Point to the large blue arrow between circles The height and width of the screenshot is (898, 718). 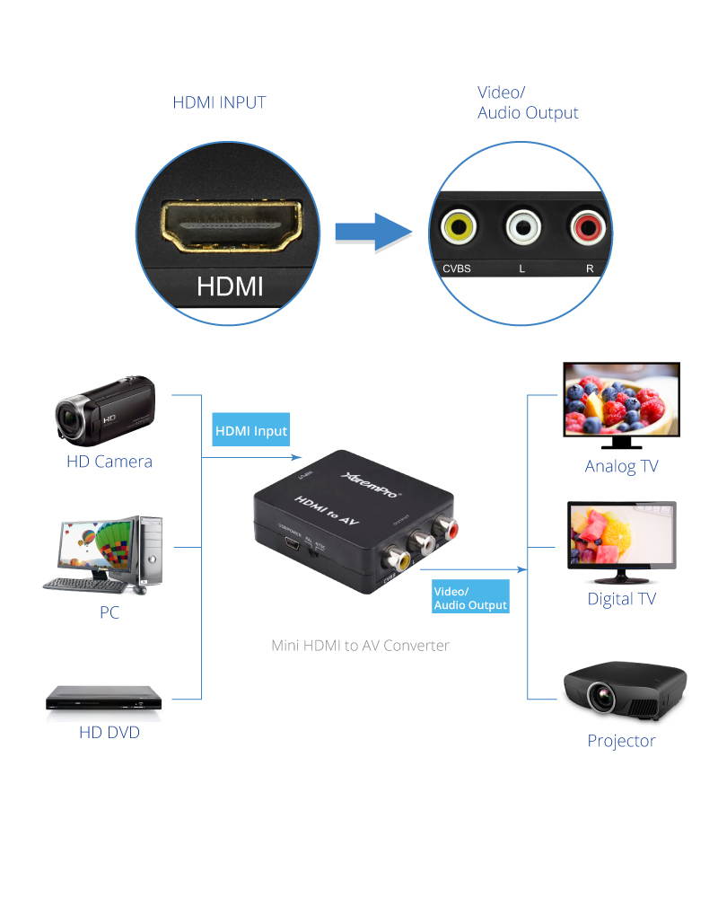(372, 232)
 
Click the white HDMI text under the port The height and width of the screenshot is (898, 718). (230, 286)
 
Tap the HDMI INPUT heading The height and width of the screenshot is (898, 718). (219, 102)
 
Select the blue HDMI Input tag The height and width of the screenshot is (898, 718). (251, 431)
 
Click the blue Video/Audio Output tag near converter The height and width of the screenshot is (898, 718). (470, 598)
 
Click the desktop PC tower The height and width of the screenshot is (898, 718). (150, 553)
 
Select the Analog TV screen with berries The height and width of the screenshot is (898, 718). (621, 400)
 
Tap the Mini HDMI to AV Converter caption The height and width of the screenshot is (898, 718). (360, 645)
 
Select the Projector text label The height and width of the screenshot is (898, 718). (621, 741)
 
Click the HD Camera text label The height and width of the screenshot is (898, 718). (109, 462)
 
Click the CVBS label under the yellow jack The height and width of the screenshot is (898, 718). (457, 269)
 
